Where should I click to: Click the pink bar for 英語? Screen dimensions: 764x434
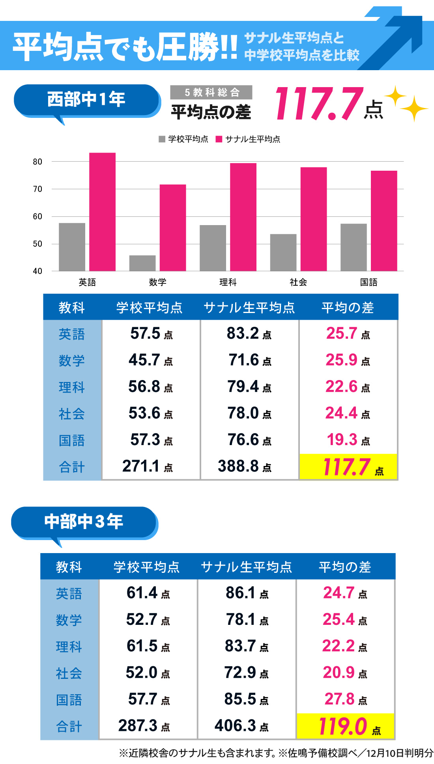point(102,212)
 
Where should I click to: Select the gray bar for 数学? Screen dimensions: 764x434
point(142,263)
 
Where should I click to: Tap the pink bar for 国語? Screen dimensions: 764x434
point(384,221)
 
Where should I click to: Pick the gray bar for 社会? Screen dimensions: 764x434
point(283,252)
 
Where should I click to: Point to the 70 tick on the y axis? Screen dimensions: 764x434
point(37,189)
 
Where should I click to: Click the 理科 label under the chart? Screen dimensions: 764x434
point(228,282)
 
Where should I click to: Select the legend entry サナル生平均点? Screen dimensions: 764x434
point(248,139)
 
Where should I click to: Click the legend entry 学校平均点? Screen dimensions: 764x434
point(184,139)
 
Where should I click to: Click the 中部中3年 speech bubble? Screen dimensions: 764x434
point(84,522)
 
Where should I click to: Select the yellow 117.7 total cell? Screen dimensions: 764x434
point(348,467)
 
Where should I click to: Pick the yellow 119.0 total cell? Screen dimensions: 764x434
point(346,726)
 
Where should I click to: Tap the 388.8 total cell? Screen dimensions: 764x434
point(245,466)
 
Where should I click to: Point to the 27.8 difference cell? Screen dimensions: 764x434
point(345,699)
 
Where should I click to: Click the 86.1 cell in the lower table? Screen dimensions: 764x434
point(247,593)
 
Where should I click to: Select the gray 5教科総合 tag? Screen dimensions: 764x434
point(211,92)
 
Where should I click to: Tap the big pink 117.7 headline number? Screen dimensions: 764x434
point(319,104)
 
